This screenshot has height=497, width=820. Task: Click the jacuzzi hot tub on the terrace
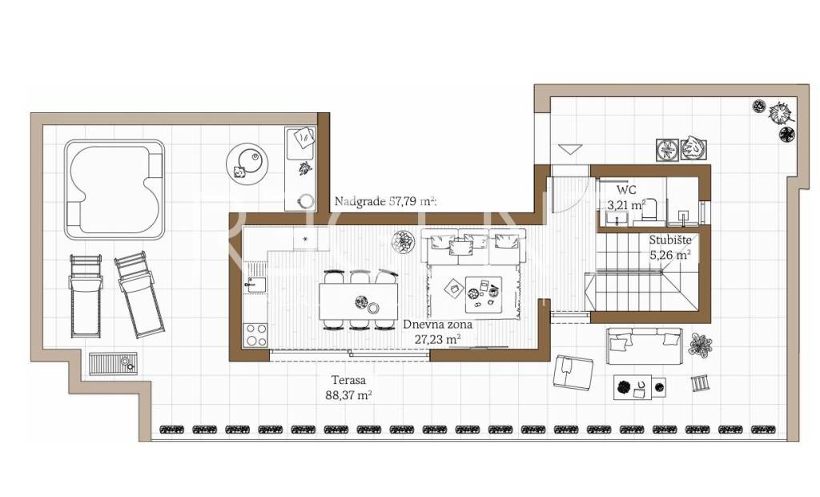tap(115, 190)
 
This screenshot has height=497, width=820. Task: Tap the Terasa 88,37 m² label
tap(349, 388)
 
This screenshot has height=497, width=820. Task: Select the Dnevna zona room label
tap(437, 324)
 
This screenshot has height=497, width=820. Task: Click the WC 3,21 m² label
tap(625, 197)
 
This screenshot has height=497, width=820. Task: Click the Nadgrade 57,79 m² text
tap(385, 201)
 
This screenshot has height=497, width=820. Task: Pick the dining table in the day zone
tap(358, 301)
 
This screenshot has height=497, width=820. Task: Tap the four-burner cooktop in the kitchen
tap(255, 334)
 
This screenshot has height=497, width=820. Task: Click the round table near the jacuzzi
tap(247, 164)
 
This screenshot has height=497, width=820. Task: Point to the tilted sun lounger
tap(139, 294)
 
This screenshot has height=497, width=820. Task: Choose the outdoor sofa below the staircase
tap(645, 345)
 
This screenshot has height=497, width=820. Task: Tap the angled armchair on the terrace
tap(573, 371)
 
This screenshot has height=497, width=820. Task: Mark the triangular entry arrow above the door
tap(569, 149)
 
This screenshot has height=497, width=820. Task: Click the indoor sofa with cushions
tap(472, 247)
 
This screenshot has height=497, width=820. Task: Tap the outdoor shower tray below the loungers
tap(113, 363)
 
